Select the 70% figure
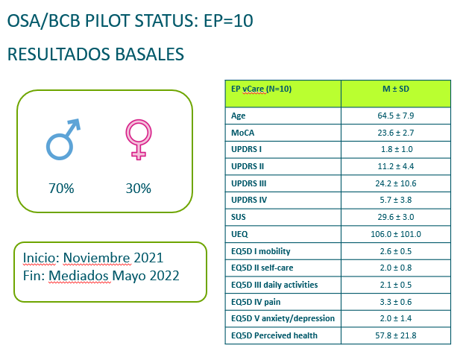pyautogui.click(x=61, y=189)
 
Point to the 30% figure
pyautogui.click(x=139, y=189)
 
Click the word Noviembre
pyautogui.click(x=96, y=258)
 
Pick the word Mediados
pyautogui.click(x=79, y=276)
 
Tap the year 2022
pyautogui.click(x=164, y=276)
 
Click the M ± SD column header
pyautogui.click(x=396, y=89)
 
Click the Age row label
pyautogui.click(x=238, y=116)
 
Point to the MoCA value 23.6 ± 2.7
pyautogui.click(x=396, y=133)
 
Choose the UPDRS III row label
pyautogui.click(x=248, y=183)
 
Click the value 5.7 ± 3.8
pyautogui.click(x=396, y=200)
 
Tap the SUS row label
pyautogui.click(x=238, y=217)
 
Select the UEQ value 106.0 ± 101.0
pyautogui.click(x=396, y=234)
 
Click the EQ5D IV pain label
pyautogui.click(x=256, y=302)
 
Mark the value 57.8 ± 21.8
pyautogui.click(x=396, y=335)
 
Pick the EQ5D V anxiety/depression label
pyautogui.click(x=283, y=318)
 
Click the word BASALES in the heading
pyautogui.click(x=149, y=54)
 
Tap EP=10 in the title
pyautogui.click(x=228, y=21)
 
